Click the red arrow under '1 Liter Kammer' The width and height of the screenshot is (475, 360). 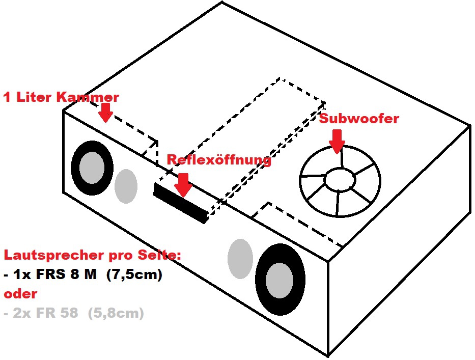pos(105,112)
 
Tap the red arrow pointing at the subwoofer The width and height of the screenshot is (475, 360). pos(336,141)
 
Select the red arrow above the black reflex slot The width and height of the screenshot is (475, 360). pos(183,184)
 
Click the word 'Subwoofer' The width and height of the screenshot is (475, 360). pos(359,119)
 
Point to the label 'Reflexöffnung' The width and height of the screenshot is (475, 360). pos(219,160)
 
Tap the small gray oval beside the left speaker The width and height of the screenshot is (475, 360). pos(125,186)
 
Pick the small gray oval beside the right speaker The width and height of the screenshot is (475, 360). pos(240,259)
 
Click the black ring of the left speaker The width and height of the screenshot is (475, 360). pos(78,168)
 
